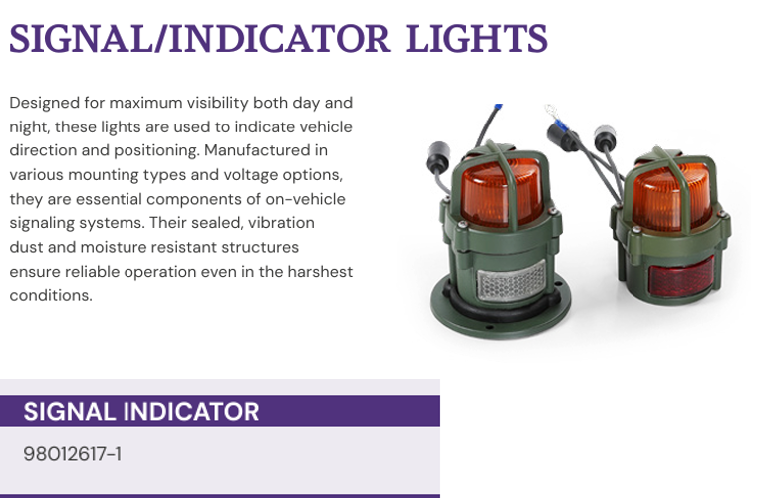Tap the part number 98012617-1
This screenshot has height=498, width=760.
coord(72,454)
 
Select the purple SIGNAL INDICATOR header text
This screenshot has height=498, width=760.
coord(141,411)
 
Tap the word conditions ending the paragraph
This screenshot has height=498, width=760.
coord(50,296)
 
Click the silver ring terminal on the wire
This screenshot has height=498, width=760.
coord(551,112)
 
